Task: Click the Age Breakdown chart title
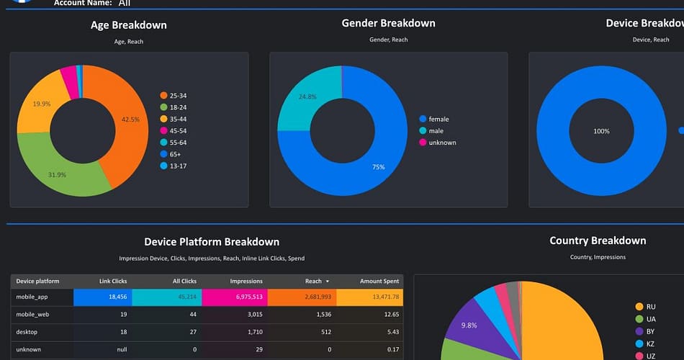pyautogui.click(x=128, y=25)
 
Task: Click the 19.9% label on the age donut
pyautogui.click(x=42, y=104)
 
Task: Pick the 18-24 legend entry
pyautogui.click(x=177, y=107)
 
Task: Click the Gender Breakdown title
pyautogui.click(x=388, y=23)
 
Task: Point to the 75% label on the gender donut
pyautogui.click(x=378, y=167)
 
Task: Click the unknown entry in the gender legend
pyautogui.click(x=441, y=143)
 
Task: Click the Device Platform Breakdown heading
pyautogui.click(x=212, y=242)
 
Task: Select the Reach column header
pyautogui.click(x=314, y=281)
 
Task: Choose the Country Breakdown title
pyautogui.click(x=598, y=240)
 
